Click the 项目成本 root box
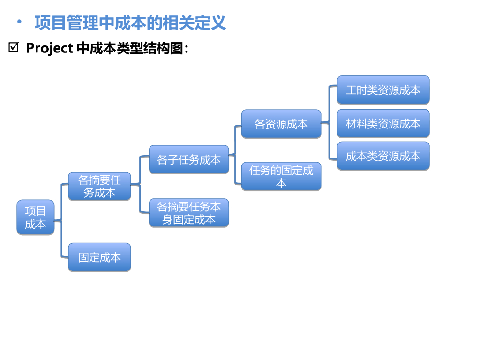pyautogui.click(x=36, y=217)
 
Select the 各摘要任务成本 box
pyautogui.click(x=99, y=186)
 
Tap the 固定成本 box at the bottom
pyautogui.click(x=99, y=257)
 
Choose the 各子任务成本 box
pyautogui.click(x=189, y=159)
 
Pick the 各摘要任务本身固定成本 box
pyautogui.click(x=189, y=213)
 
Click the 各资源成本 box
pyautogui.click(x=281, y=124)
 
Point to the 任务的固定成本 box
pyautogui.click(x=281, y=176)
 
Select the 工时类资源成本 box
pyautogui.click(x=383, y=90)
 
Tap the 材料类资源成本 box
pyautogui.click(x=383, y=123)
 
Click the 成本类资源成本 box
pyautogui.click(x=383, y=156)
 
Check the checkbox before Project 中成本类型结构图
pyautogui.click(x=13, y=47)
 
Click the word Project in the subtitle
pyautogui.click(x=49, y=48)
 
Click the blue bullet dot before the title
pyautogui.click(x=19, y=22)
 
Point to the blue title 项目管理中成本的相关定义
pyautogui.click(x=130, y=22)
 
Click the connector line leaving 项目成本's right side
pyautogui.click(x=58, y=220)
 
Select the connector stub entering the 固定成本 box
pyautogui.click(x=65, y=257)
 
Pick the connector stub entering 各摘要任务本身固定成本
pyautogui.click(x=145, y=213)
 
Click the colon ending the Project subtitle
pyautogui.click(x=187, y=50)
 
